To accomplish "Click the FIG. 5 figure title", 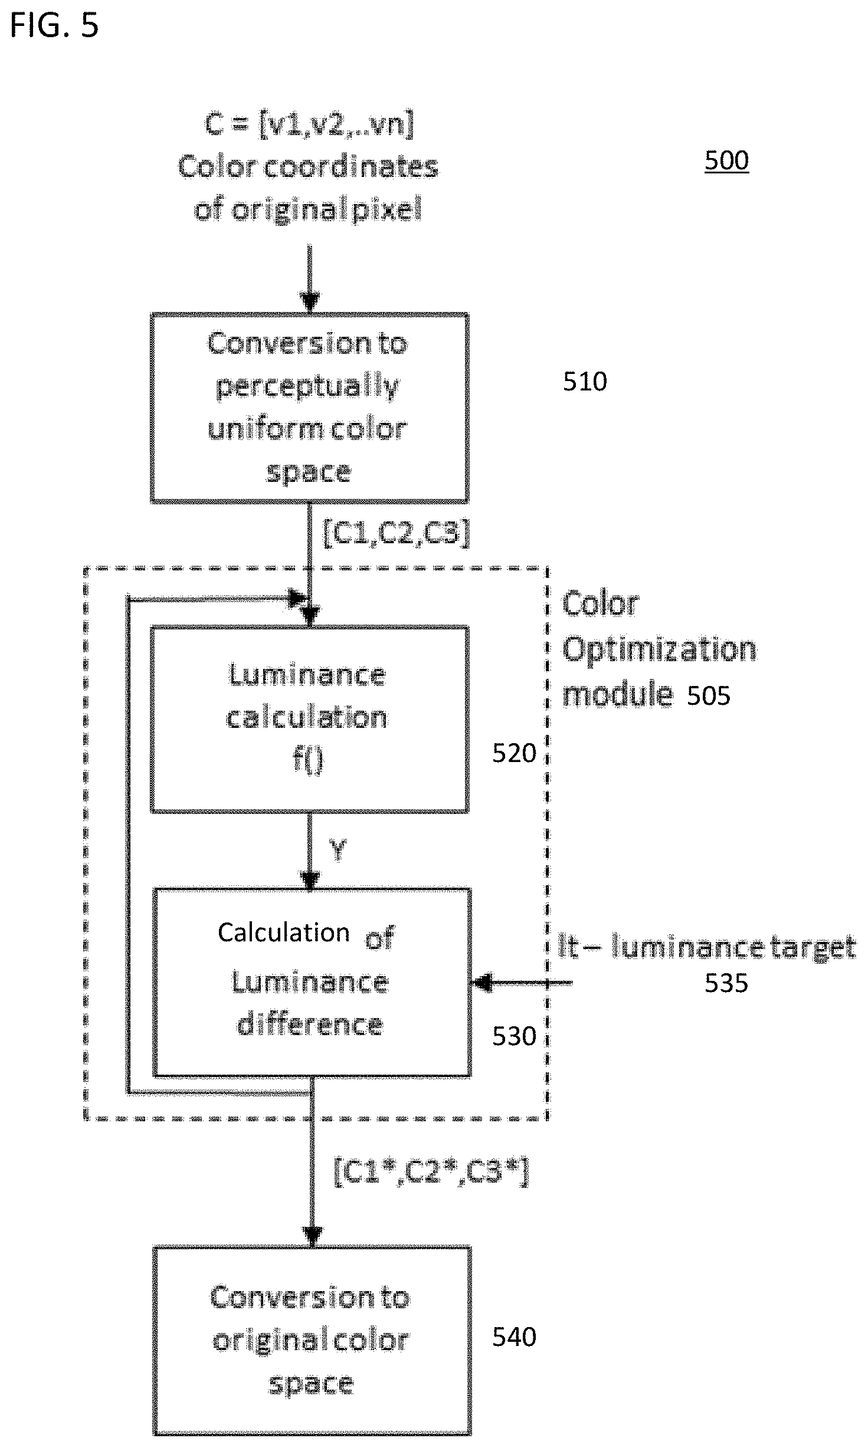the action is tap(54, 27).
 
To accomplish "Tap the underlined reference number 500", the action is tap(726, 160).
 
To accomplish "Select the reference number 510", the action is tap(585, 382).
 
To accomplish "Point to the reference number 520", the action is tap(514, 754).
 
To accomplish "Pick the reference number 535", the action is tap(726, 983).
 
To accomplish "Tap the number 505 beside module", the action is tap(709, 696).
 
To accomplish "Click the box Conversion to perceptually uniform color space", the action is tap(310, 408).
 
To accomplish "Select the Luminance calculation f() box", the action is tap(310, 720).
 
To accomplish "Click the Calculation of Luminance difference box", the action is tap(312, 982).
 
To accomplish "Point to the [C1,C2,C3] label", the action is tap(397, 533).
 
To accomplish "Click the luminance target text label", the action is tap(707, 947).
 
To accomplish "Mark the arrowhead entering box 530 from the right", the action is tap(482, 983).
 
